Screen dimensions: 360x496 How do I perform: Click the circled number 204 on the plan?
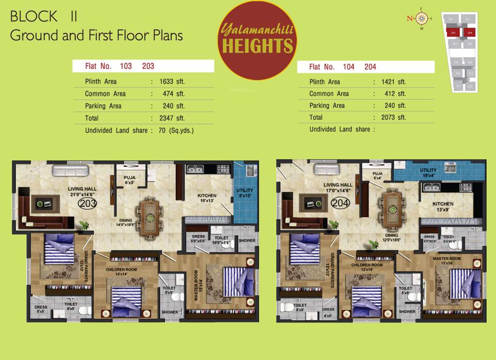(x=341, y=203)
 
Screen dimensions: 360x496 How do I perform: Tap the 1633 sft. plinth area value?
(x=172, y=82)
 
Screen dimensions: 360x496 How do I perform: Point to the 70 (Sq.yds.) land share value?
(x=176, y=130)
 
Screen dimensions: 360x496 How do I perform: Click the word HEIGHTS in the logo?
(x=258, y=46)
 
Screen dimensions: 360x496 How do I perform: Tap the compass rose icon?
(x=422, y=19)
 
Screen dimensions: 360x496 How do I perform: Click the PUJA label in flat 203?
(x=130, y=180)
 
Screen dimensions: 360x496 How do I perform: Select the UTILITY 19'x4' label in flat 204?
(x=428, y=172)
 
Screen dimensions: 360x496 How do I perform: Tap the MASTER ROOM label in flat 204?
(x=447, y=261)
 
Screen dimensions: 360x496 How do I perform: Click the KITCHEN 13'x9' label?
(x=443, y=207)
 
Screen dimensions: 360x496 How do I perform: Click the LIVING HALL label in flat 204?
(x=338, y=187)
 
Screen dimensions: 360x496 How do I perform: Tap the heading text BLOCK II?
(x=44, y=16)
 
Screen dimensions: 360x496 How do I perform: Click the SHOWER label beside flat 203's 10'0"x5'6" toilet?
(x=247, y=240)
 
